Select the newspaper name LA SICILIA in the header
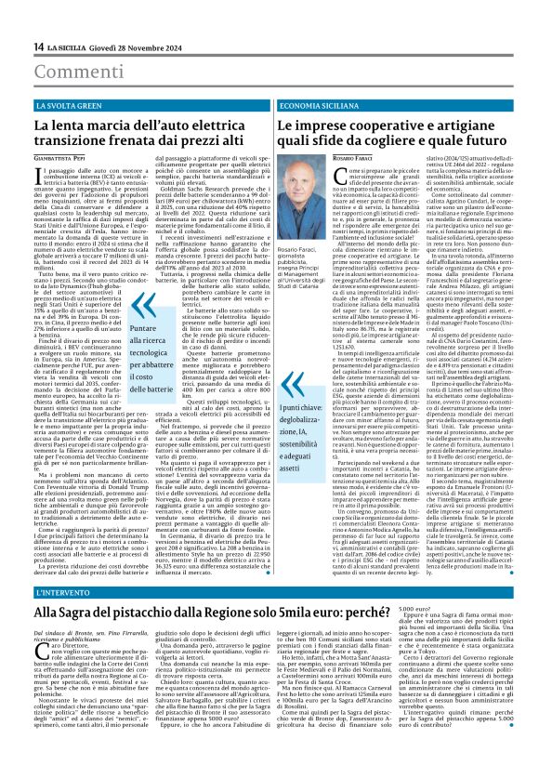click(x=66, y=46)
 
